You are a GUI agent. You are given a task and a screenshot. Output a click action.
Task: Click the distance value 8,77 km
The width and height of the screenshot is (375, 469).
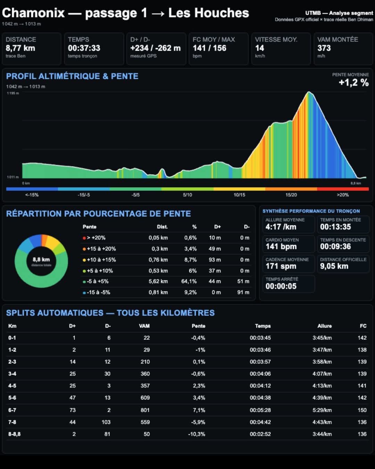pos(20,48)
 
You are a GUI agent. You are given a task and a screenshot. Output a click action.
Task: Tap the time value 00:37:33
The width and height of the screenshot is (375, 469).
pos(84,48)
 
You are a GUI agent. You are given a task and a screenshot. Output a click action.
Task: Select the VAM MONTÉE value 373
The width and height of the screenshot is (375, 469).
pos(324,48)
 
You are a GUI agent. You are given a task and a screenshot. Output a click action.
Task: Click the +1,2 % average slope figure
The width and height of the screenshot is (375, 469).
pos(354,83)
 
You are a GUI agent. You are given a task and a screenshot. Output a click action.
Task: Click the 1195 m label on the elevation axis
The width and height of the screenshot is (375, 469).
pos(13,93)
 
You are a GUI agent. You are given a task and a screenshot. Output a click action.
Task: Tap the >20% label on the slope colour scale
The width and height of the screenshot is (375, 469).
pos(343,195)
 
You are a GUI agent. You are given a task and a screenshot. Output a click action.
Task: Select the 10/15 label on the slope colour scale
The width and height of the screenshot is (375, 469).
pos(239,195)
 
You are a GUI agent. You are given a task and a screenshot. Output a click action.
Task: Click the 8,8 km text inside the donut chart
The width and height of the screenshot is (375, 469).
pos(41,260)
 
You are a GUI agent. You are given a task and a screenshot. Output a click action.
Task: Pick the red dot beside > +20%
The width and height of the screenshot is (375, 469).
pos(84,238)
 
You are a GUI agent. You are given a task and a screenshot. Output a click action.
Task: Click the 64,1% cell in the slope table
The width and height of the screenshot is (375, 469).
pos(189,281)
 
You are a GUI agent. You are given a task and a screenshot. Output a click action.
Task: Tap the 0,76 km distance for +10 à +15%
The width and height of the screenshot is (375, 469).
pos(158,260)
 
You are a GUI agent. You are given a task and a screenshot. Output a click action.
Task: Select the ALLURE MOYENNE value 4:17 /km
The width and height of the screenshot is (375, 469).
pos(281,227)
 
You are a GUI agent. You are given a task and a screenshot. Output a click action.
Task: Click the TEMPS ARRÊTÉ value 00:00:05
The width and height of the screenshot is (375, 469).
pos(281,286)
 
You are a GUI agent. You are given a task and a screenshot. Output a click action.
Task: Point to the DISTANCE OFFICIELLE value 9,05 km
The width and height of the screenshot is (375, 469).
pos(334,266)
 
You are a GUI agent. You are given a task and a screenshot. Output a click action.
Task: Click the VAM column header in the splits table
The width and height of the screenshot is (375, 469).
pos(144,326)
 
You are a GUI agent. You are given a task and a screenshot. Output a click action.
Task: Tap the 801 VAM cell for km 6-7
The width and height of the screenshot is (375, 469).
pos(145,410)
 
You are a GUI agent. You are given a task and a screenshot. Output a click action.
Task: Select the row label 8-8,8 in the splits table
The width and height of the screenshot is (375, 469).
pos(14,434)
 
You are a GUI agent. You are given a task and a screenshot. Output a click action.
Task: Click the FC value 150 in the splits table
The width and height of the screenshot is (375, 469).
pos(362,410)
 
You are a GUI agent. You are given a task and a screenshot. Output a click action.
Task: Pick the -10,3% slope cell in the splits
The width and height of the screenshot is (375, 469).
pos(197,434)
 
